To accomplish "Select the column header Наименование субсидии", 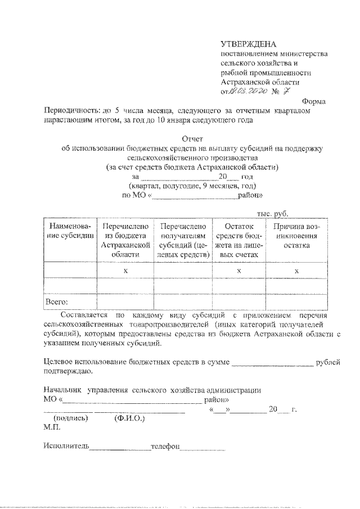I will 70,231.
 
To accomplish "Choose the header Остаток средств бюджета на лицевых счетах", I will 239,240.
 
